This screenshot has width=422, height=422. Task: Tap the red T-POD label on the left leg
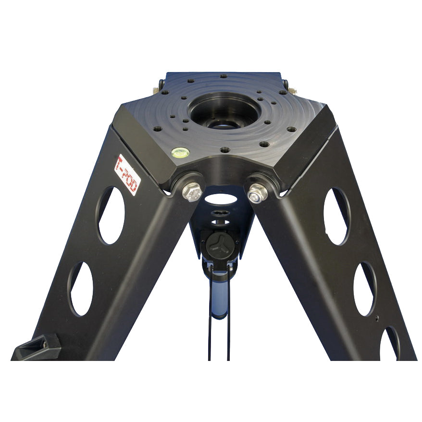tap(127, 174)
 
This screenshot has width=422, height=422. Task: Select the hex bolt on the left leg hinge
tap(192, 192)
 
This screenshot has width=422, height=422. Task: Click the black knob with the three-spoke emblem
tap(219, 244)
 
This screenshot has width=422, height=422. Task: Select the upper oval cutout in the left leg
tap(111, 215)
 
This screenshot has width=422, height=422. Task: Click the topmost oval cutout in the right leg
tap(337, 216)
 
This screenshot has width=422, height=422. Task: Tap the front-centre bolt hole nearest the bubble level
tap(224, 150)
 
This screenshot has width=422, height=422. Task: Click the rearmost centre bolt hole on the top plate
tap(223, 76)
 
